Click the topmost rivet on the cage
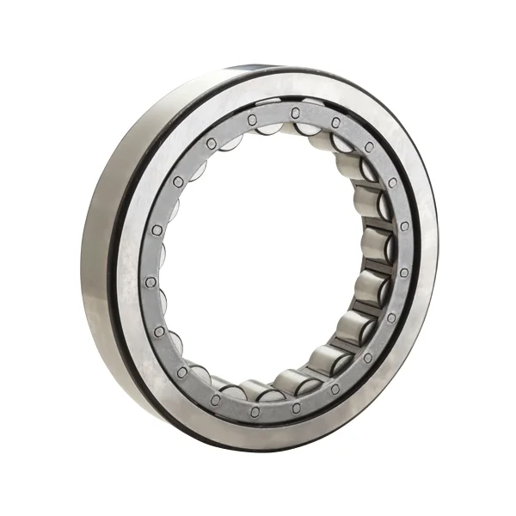point(294,113)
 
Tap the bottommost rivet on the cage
point(255,412)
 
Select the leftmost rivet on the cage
point(150,281)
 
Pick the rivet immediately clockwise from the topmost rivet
point(335,123)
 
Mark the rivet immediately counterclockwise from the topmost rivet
point(252,120)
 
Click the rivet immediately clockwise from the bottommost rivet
point(214,399)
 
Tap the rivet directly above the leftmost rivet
point(157,230)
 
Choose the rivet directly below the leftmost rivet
point(159,331)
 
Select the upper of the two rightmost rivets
point(404,226)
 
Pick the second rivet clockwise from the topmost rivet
point(368,147)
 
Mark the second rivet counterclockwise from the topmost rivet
point(211,143)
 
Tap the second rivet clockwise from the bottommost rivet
point(182,372)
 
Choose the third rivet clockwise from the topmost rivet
point(392,182)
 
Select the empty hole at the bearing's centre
point(267,258)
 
